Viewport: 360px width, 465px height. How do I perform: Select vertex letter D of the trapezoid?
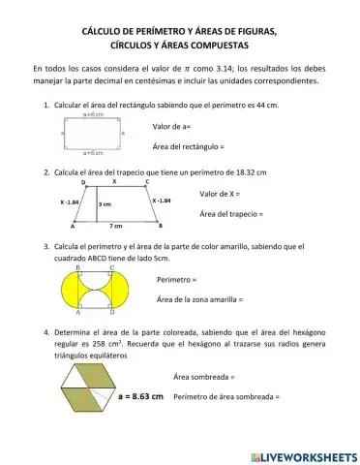(83, 182)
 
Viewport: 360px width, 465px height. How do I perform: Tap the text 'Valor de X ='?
(220, 194)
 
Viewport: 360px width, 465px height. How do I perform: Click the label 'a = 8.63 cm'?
(140, 396)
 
